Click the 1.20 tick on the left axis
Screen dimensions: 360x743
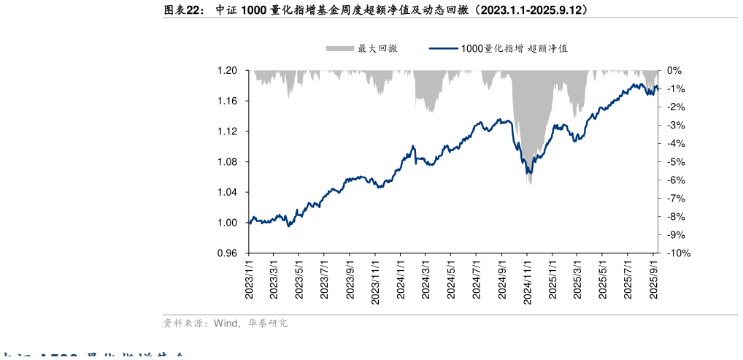[228, 71]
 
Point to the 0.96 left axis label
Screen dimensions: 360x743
[228, 253]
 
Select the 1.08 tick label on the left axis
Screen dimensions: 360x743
[228, 162]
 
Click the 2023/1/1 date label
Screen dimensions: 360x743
[249, 280]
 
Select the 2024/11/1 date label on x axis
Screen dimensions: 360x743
[526, 280]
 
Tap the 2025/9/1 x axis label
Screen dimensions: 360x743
[654, 280]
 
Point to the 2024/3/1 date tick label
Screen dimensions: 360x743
[426, 280]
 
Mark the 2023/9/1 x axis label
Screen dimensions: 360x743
[350, 280]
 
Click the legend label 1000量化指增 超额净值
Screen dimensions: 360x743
[515, 49]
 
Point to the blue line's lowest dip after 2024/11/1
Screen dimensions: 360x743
[530, 173]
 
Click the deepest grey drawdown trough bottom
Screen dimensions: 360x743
[530, 183]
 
